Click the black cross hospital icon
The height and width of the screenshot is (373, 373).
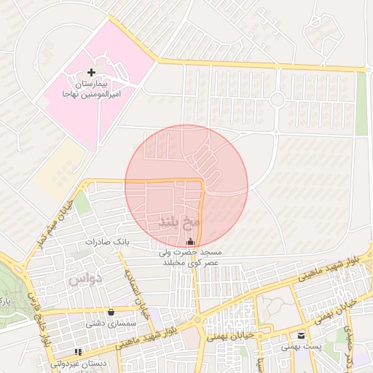click(91, 72)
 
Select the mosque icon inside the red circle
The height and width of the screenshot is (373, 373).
click(191, 241)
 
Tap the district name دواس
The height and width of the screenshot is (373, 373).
click(85, 278)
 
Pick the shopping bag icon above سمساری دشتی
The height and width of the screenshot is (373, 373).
click(111, 312)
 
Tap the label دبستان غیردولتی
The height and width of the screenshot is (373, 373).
click(79, 363)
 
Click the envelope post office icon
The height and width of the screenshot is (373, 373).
click(301, 336)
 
